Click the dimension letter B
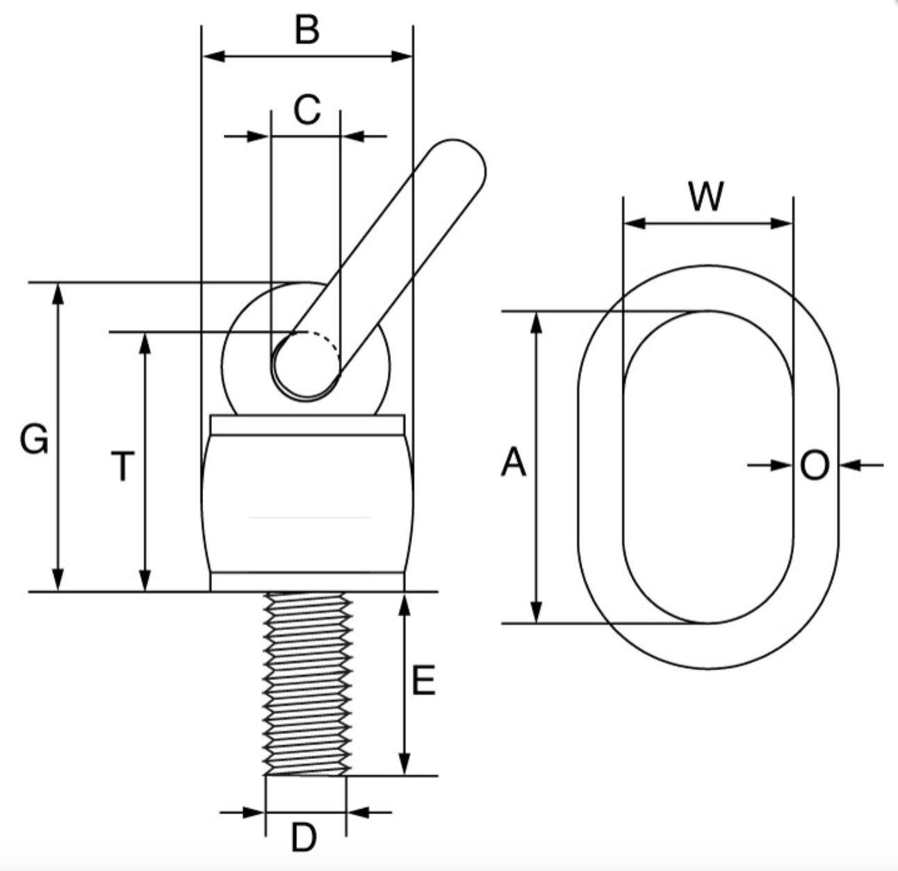[x=307, y=31]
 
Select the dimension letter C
[x=307, y=110]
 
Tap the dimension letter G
[x=33, y=440]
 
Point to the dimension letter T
[x=122, y=466]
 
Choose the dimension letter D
[x=304, y=838]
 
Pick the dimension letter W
[x=705, y=197]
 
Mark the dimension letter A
[x=514, y=463]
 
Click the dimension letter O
[x=815, y=466]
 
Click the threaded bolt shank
[x=306, y=684]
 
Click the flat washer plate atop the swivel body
[x=307, y=424]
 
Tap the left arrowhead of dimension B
[x=213, y=56]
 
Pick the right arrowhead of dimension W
[x=782, y=224]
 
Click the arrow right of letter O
[x=851, y=465]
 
